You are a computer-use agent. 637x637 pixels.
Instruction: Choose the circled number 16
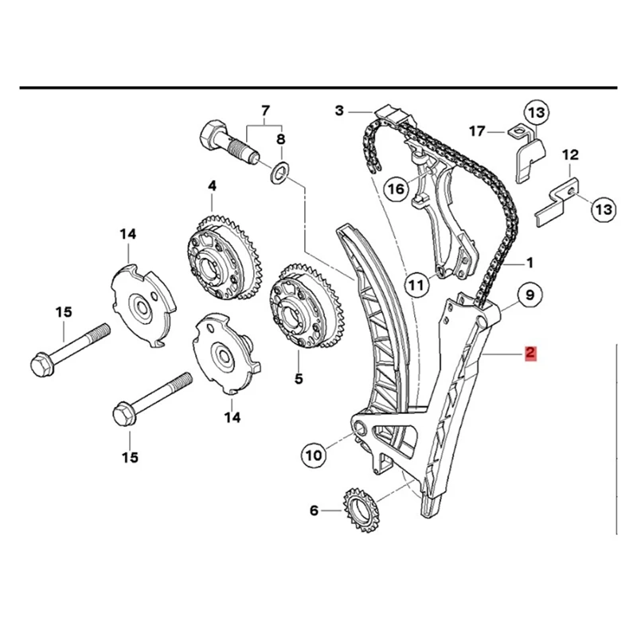click(x=396, y=188)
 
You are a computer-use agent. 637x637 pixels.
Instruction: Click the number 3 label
click(x=339, y=111)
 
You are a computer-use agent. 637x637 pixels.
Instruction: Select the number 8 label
click(x=280, y=140)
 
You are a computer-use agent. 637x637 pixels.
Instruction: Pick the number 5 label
click(x=299, y=379)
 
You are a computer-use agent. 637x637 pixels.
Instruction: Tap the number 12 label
click(x=571, y=154)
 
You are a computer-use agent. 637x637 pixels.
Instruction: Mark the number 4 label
click(x=213, y=186)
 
